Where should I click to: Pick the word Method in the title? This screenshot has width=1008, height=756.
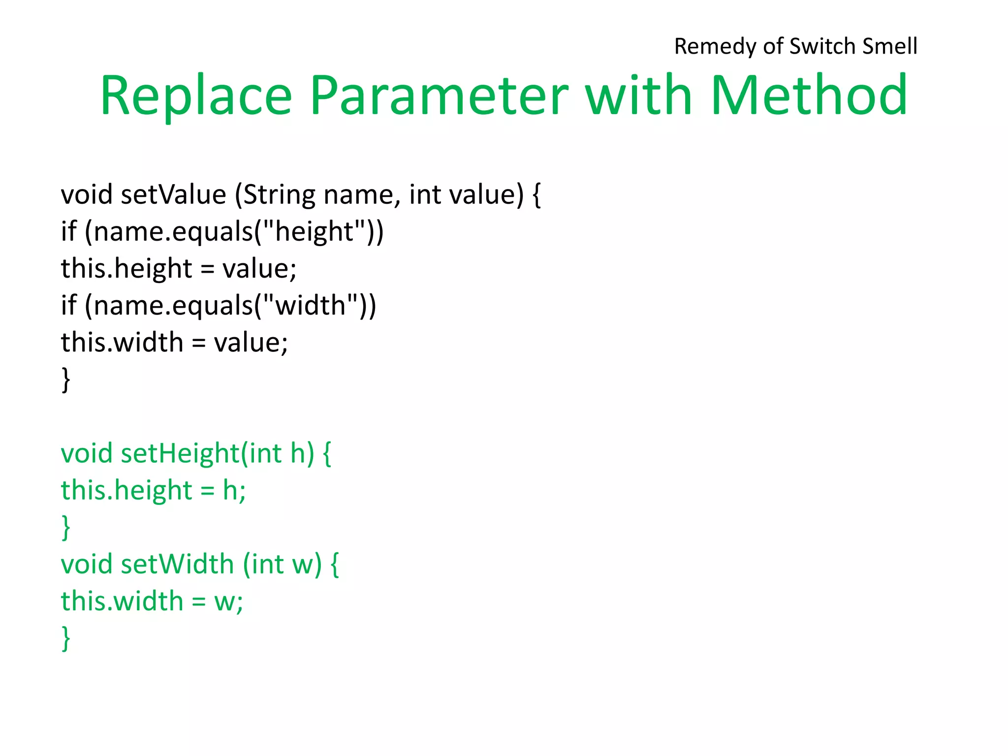click(809, 95)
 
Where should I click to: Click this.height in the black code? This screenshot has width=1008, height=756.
click(126, 269)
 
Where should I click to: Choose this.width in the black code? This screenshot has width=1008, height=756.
click(122, 343)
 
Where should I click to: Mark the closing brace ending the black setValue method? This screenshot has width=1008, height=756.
click(65, 379)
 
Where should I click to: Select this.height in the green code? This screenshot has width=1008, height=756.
click(126, 491)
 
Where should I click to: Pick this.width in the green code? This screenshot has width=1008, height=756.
click(122, 601)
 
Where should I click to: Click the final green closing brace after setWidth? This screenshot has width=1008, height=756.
click(65, 638)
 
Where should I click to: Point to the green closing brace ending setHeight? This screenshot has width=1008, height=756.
click(65, 528)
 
